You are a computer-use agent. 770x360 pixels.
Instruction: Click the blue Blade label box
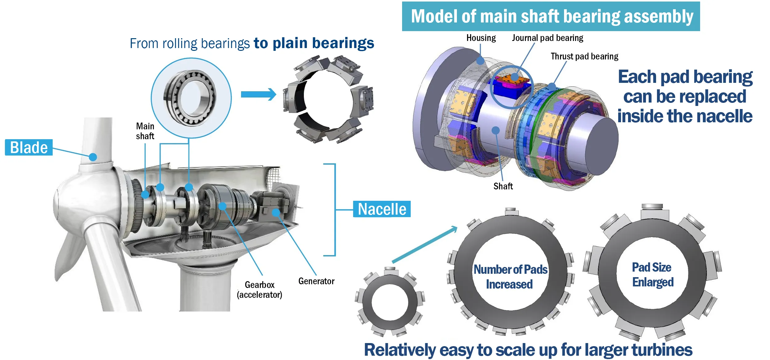pyautogui.click(x=29, y=148)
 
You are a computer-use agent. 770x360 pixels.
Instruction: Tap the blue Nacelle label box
pyautogui.click(x=382, y=209)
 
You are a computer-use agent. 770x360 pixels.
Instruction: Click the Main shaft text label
pyautogui.click(x=145, y=131)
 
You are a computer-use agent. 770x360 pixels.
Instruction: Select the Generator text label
pyautogui.click(x=316, y=281)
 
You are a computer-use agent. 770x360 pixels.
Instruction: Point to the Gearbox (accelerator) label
pyautogui.click(x=260, y=290)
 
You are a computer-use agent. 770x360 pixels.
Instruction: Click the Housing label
pyautogui.click(x=481, y=38)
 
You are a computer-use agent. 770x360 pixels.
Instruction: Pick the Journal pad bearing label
pyautogui.click(x=547, y=38)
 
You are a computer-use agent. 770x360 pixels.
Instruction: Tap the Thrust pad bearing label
pyautogui.click(x=584, y=56)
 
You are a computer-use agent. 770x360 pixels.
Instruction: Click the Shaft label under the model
pyautogui.click(x=503, y=186)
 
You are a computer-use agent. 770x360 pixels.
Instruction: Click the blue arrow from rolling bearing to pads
pyautogui.click(x=258, y=94)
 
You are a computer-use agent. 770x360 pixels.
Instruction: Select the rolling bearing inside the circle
pyautogui.click(x=190, y=98)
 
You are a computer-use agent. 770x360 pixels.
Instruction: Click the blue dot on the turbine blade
pyautogui.click(x=93, y=157)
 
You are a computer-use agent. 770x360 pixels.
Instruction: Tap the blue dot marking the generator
pyautogui.click(x=276, y=212)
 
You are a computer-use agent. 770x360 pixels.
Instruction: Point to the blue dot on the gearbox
pyautogui.click(x=222, y=206)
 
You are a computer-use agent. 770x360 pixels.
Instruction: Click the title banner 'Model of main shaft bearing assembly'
pyautogui.click(x=551, y=16)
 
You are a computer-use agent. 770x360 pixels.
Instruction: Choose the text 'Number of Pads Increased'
pyautogui.click(x=510, y=277)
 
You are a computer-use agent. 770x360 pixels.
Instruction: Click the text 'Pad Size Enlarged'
pyautogui.click(x=652, y=275)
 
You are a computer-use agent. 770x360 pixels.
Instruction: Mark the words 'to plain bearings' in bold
pyautogui.click(x=314, y=43)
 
